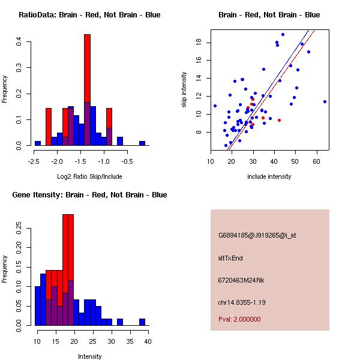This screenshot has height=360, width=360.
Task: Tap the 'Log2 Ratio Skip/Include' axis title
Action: tap(89, 176)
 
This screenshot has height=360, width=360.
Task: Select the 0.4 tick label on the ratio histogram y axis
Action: tap(20, 41)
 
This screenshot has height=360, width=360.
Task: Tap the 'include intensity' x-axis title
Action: tap(269, 176)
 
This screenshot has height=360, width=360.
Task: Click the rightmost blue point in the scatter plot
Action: tap(325, 101)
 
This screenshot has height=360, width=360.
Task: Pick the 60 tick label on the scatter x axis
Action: tap(316, 161)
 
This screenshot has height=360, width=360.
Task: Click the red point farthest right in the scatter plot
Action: tap(279, 120)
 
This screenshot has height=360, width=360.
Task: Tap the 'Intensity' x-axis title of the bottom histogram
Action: tap(89, 356)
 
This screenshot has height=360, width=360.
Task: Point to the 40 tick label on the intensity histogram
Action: tap(148, 341)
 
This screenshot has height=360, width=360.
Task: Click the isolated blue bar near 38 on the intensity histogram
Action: tap(142, 322)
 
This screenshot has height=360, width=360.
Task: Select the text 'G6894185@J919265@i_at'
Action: tap(257, 235)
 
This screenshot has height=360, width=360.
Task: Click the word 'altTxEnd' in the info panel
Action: tap(230, 258)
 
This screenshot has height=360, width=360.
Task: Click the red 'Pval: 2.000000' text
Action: tap(239, 319)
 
